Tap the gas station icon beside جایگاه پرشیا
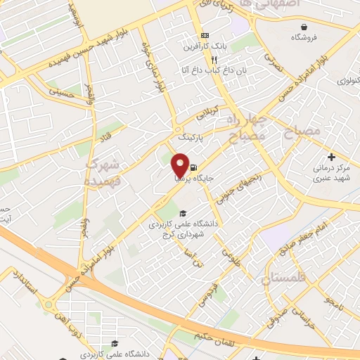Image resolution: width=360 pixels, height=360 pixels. pyautogui.click(x=192, y=167)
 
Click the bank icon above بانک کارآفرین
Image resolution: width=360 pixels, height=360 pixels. pyautogui.click(x=205, y=36)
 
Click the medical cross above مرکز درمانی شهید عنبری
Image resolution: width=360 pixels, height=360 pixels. pyautogui.click(x=331, y=156)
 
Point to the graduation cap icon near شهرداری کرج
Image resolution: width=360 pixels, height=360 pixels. pyautogui.click(x=183, y=213)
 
